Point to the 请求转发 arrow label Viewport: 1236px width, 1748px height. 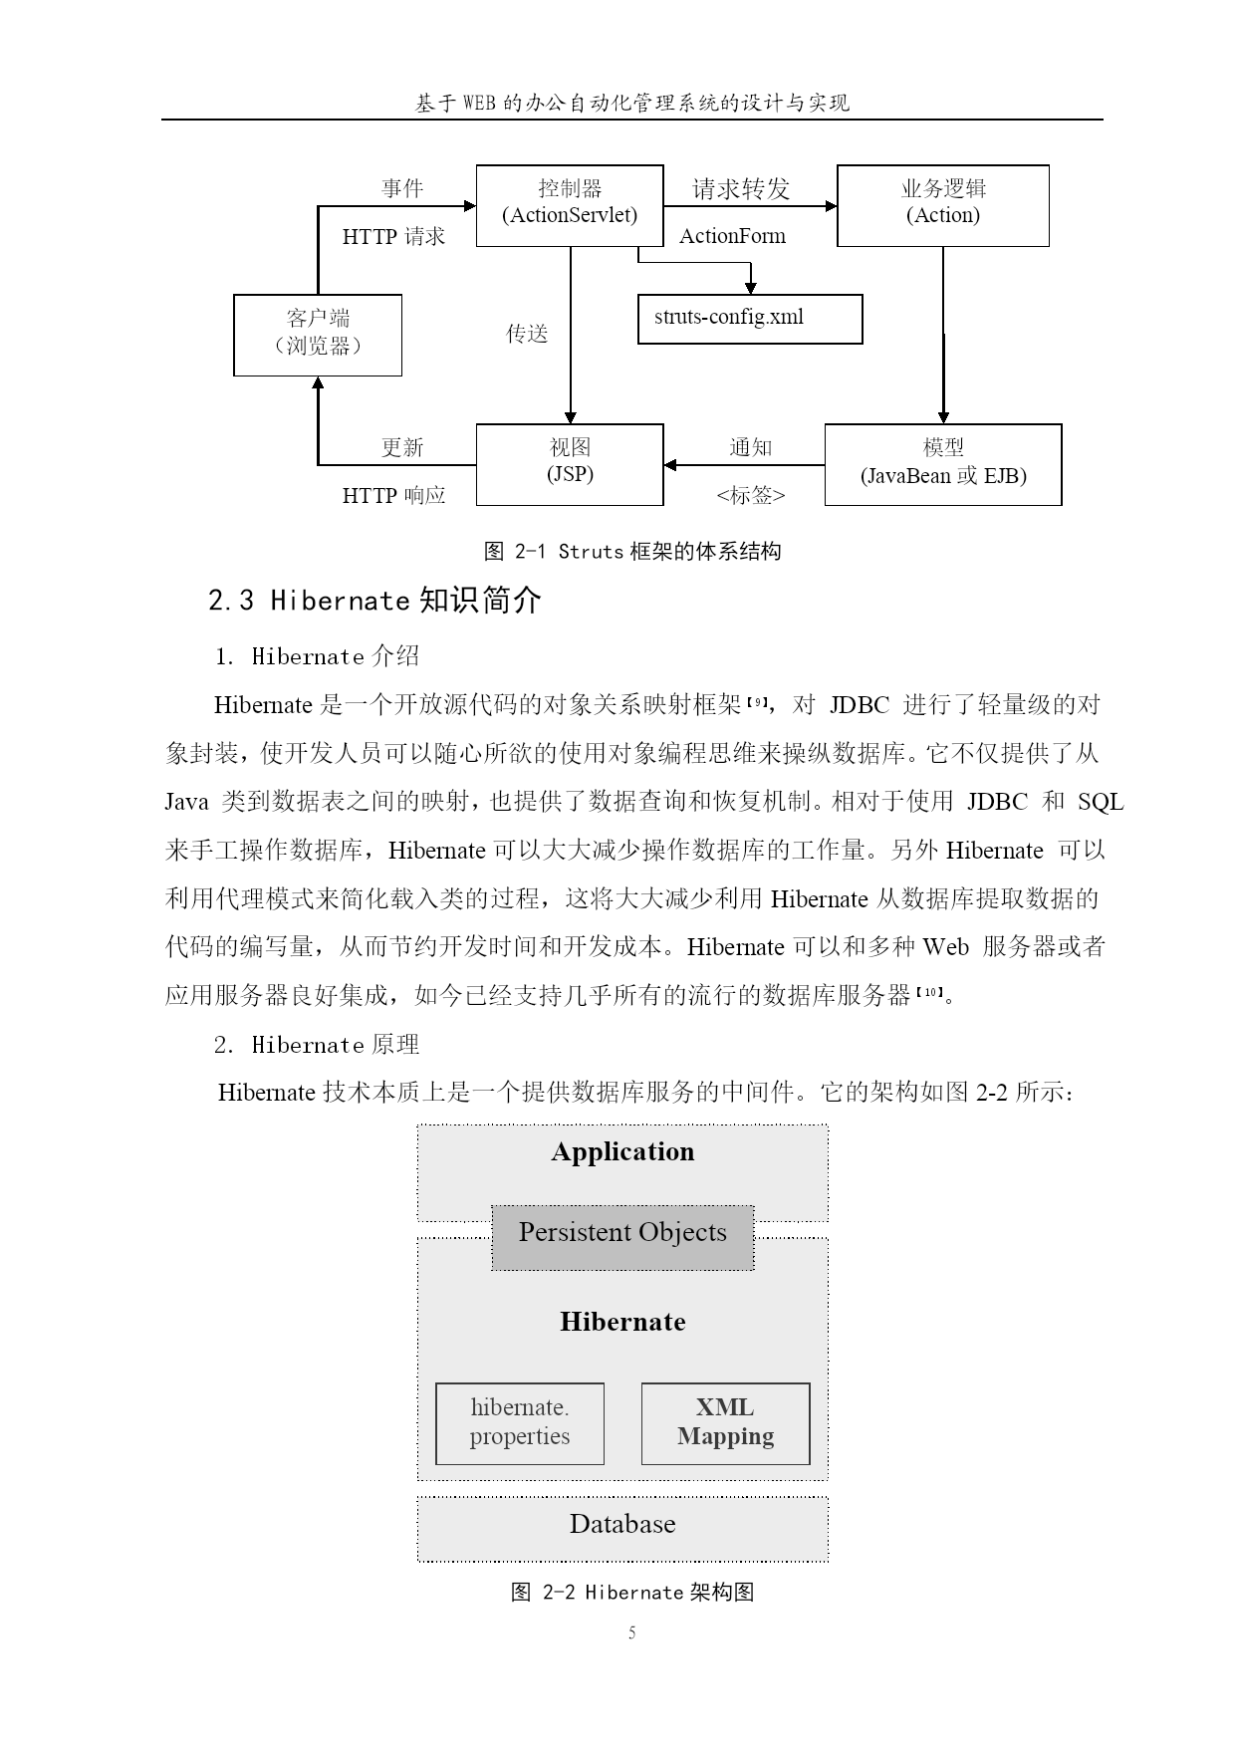point(741,188)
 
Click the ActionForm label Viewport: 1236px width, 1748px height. point(732,236)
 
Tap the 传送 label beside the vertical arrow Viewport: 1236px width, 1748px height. point(527,334)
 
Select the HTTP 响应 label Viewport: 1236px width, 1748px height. point(393,495)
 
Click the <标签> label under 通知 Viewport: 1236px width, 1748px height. point(751,495)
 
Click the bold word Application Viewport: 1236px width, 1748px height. point(622,1151)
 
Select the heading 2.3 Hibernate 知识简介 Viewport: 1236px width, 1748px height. point(374,600)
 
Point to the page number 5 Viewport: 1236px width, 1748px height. point(631,1632)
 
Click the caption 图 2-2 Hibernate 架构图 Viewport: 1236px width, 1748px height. point(631,1592)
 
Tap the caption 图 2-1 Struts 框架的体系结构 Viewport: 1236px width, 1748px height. point(631,551)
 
